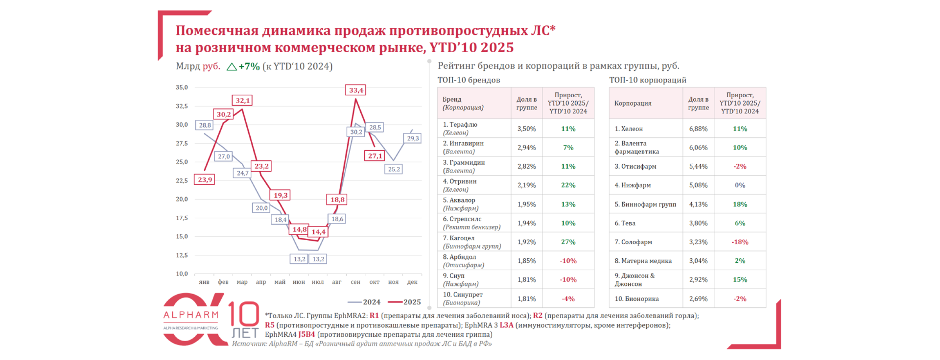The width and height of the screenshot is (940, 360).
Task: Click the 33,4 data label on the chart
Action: click(356, 90)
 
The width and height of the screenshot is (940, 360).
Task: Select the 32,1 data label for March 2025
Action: click(242, 100)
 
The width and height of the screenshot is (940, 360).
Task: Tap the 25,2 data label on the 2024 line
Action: click(394, 169)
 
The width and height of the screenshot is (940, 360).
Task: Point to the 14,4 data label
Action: click(318, 232)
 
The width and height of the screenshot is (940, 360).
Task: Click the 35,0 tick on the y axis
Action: click(182, 87)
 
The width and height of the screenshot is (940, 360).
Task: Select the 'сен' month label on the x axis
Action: click(356, 282)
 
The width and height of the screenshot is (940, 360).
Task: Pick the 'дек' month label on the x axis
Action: click(412, 282)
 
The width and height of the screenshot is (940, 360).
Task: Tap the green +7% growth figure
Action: click(249, 67)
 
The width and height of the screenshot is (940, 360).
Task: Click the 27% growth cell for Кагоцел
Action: click(568, 242)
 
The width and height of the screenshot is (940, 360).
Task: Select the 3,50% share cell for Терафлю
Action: click(526, 129)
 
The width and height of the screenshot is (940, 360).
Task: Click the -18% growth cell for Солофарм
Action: click(740, 242)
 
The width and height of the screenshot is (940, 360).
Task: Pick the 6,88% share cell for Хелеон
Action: click(698, 129)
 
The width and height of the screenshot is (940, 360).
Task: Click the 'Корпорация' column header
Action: click(633, 103)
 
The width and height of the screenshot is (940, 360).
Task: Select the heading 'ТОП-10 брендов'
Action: click(468, 80)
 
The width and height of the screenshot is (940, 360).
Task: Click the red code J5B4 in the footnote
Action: click(307, 334)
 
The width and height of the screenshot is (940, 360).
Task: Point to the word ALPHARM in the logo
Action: click(191, 315)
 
